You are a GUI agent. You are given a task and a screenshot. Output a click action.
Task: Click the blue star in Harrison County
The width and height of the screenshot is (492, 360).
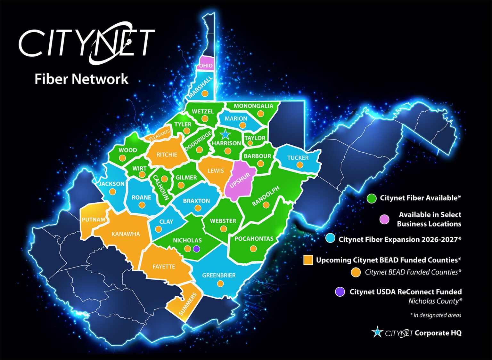[x=225, y=134]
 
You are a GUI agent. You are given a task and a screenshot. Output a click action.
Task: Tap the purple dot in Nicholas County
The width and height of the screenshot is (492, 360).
[x=197, y=249]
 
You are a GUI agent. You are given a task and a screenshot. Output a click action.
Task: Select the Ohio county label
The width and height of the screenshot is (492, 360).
[x=206, y=66]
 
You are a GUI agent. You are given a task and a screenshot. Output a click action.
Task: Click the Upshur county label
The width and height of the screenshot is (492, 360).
[x=240, y=180]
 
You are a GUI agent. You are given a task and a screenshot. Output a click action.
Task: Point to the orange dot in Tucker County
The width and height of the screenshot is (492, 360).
[x=300, y=165]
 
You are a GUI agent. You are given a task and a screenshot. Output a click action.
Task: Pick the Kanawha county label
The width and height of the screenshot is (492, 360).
[x=126, y=234]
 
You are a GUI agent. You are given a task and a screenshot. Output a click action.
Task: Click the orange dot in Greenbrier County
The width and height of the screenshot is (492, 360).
[x=220, y=284]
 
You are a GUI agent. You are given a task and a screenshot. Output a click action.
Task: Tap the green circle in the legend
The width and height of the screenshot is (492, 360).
[x=372, y=198]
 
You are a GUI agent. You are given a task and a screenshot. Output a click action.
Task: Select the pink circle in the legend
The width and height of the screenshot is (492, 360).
[x=384, y=219]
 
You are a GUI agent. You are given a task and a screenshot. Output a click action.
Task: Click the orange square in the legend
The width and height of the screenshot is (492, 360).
[x=308, y=260]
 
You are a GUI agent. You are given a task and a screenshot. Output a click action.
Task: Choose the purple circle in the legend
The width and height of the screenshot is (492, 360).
[x=340, y=292]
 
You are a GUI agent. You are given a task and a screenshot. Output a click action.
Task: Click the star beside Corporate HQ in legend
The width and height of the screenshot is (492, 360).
[x=377, y=332]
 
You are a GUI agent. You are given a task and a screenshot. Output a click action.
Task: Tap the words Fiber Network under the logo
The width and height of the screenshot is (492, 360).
[x=81, y=79]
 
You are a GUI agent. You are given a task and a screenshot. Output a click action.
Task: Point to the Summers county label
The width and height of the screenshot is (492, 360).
[x=188, y=304]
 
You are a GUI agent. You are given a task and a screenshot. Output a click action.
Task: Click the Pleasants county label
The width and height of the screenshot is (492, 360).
[x=160, y=135]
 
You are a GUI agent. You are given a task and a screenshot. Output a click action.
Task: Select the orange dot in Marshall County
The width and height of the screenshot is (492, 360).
[x=205, y=93]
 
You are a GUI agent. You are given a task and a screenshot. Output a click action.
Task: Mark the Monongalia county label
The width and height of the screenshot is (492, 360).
[x=253, y=106]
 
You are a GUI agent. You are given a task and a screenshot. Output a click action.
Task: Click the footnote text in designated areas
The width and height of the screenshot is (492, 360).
[x=436, y=315]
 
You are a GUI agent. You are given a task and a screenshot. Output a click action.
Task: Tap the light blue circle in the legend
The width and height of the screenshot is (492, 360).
[x=330, y=238]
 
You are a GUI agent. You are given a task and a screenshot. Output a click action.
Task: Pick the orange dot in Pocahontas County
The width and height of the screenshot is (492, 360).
[x=253, y=249]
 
